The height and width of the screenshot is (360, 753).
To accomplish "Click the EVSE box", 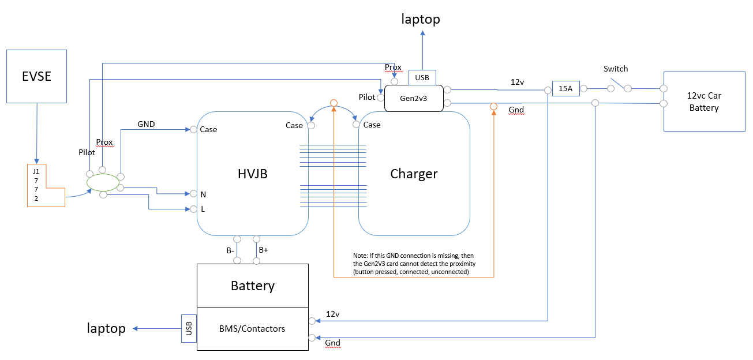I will (x=36, y=76).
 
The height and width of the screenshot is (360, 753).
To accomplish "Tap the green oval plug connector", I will (x=102, y=183).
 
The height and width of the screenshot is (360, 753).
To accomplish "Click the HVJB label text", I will (x=253, y=174).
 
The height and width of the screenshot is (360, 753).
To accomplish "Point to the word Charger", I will (x=414, y=174).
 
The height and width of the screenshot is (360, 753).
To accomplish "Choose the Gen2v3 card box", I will (x=414, y=97).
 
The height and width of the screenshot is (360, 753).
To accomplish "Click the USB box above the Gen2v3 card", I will (x=422, y=77).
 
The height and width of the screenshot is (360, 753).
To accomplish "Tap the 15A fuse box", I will (x=565, y=89).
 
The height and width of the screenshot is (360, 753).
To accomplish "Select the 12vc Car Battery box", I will (x=704, y=102).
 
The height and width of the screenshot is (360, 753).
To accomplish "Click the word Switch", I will (x=616, y=69).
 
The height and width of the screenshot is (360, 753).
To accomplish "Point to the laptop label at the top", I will (x=421, y=19).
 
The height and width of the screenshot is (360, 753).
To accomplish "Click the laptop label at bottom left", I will (x=106, y=328).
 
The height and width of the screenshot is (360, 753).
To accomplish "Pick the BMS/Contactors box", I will (x=252, y=329).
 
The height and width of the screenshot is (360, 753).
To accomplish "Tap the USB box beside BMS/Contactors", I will (x=189, y=328).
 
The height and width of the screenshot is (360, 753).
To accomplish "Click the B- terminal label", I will (x=230, y=250).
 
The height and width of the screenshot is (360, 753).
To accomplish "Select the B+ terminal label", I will (x=263, y=250).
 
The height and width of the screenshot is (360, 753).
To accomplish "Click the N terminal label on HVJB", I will (x=203, y=194).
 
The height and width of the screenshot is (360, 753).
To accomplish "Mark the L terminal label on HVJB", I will (x=203, y=209).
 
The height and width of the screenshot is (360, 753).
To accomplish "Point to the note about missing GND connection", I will (x=414, y=263).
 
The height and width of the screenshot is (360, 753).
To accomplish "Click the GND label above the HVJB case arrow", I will (x=147, y=124).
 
